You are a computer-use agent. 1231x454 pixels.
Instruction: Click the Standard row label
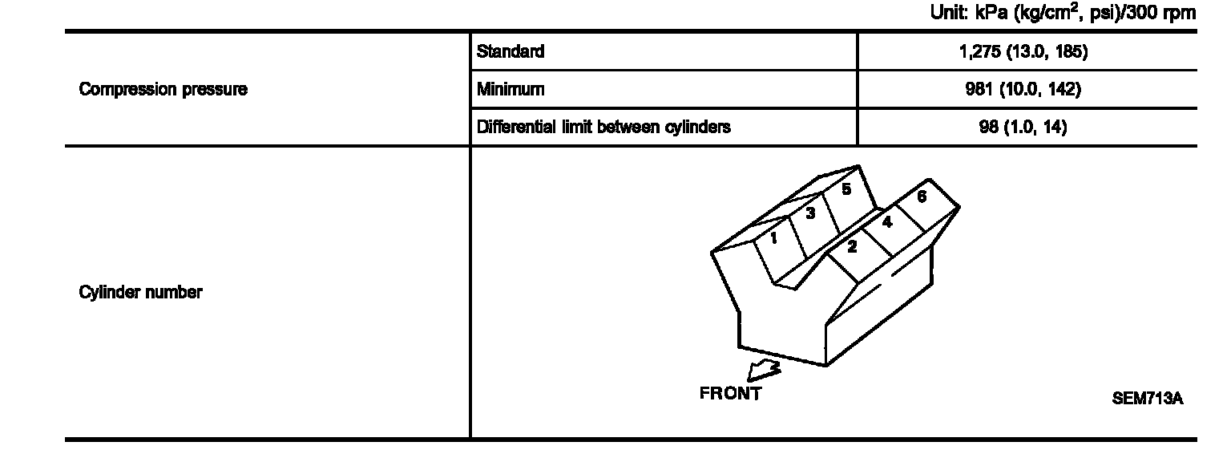pos(510,52)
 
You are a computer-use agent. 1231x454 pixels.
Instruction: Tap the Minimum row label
pos(510,90)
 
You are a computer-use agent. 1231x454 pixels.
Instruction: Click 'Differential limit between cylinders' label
pos(603,127)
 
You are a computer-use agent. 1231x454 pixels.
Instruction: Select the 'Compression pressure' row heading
pos(163,90)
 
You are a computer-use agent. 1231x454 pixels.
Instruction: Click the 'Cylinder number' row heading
pos(140,293)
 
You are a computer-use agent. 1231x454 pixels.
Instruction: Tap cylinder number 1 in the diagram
pos(773,238)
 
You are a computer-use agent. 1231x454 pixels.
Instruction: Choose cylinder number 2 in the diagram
pos(852,247)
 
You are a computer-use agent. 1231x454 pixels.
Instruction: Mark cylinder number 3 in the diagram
pos(810,213)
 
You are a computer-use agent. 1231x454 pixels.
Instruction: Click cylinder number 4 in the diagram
pos(887,222)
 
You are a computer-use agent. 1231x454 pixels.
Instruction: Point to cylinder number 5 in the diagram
pos(846,190)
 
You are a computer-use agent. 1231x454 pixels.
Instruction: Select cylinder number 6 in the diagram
pos(922,197)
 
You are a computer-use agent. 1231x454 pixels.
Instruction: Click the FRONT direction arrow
pos(761,371)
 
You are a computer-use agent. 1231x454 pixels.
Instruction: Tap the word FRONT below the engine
pos(730,394)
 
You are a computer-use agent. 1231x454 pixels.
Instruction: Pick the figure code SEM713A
pos(1147,398)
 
